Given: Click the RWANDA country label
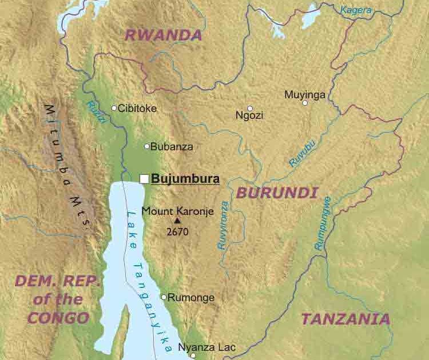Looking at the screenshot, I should click(x=164, y=35).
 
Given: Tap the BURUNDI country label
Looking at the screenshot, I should click(x=277, y=193).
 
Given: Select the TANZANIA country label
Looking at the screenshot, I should click(x=345, y=319).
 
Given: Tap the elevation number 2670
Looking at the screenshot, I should click(x=177, y=232).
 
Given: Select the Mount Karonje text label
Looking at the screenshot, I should click(x=177, y=211).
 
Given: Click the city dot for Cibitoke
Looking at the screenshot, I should click(x=114, y=108).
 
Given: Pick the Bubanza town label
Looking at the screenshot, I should click(x=172, y=147).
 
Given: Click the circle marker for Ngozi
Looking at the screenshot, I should click(x=250, y=108).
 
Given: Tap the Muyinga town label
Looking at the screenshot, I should click(x=305, y=95).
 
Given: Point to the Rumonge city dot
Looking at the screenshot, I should click(x=164, y=297).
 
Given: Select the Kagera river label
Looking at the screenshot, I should click(x=356, y=9).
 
